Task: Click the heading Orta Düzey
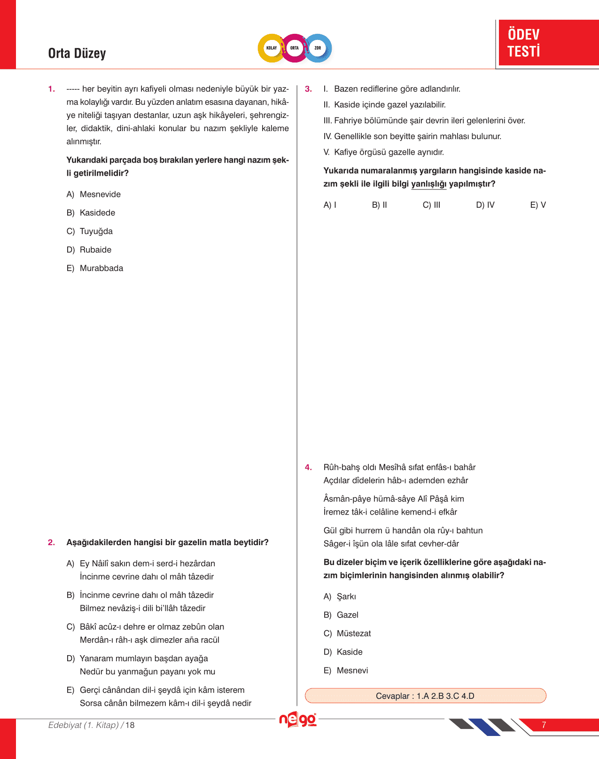pos(77,53)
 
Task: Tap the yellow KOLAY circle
pos(272,48)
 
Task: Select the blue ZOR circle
pos(318,48)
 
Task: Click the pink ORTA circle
pos(295,48)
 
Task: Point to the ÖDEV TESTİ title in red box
pos(524,43)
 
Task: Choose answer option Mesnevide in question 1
pos(100,194)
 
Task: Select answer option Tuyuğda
pos(96,231)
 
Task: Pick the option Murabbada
pos(101,268)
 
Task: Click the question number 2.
pos(51,542)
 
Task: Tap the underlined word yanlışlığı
pos(428,184)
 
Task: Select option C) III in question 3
pos(431,205)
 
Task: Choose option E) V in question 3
pos(538,205)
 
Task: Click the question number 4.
pos(308,467)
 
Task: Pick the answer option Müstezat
pos(353,634)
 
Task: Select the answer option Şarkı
pos(346,596)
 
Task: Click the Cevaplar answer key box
pos(425,696)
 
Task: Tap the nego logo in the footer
pos(297,720)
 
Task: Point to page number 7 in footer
pos(544,725)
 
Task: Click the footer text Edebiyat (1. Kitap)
pos(84,725)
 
